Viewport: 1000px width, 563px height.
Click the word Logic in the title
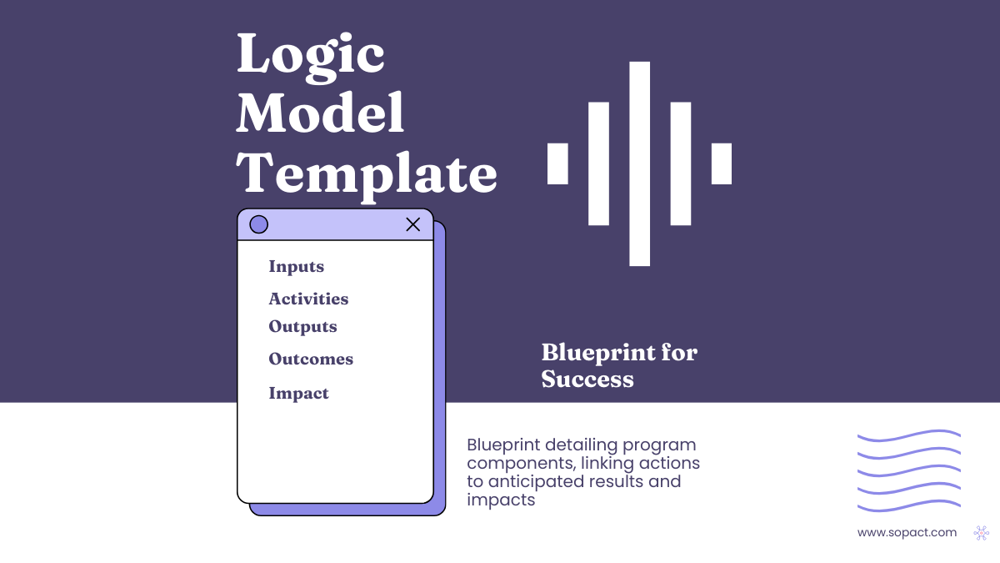click(311, 56)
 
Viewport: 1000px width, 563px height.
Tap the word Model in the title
click(321, 114)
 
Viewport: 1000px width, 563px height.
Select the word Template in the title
click(367, 173)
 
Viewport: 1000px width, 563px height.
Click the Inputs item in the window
click(296, 267)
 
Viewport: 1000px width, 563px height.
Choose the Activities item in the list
click(308, 299)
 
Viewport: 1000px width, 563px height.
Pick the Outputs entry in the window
click(302, 326)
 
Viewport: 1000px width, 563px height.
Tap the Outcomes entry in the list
click(311, 359)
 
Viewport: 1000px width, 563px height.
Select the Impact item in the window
click(298, 394)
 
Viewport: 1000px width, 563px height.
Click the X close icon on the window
click(412, 224)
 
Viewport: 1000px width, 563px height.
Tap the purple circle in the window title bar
click(259, 224)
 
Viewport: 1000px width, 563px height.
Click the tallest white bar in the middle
click(639, 163)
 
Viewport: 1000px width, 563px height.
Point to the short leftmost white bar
click(557, 163)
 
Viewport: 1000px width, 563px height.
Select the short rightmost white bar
click(722, 163)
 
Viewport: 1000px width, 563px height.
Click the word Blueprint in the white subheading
click(590, 353)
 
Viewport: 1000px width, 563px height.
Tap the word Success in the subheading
click(587, 380)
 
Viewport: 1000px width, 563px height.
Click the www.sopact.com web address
click(907, 532)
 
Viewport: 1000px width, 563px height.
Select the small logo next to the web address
click(982, 532)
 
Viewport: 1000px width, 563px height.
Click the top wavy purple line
click(908, 435)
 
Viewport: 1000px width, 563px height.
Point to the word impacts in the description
click(501, 500)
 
